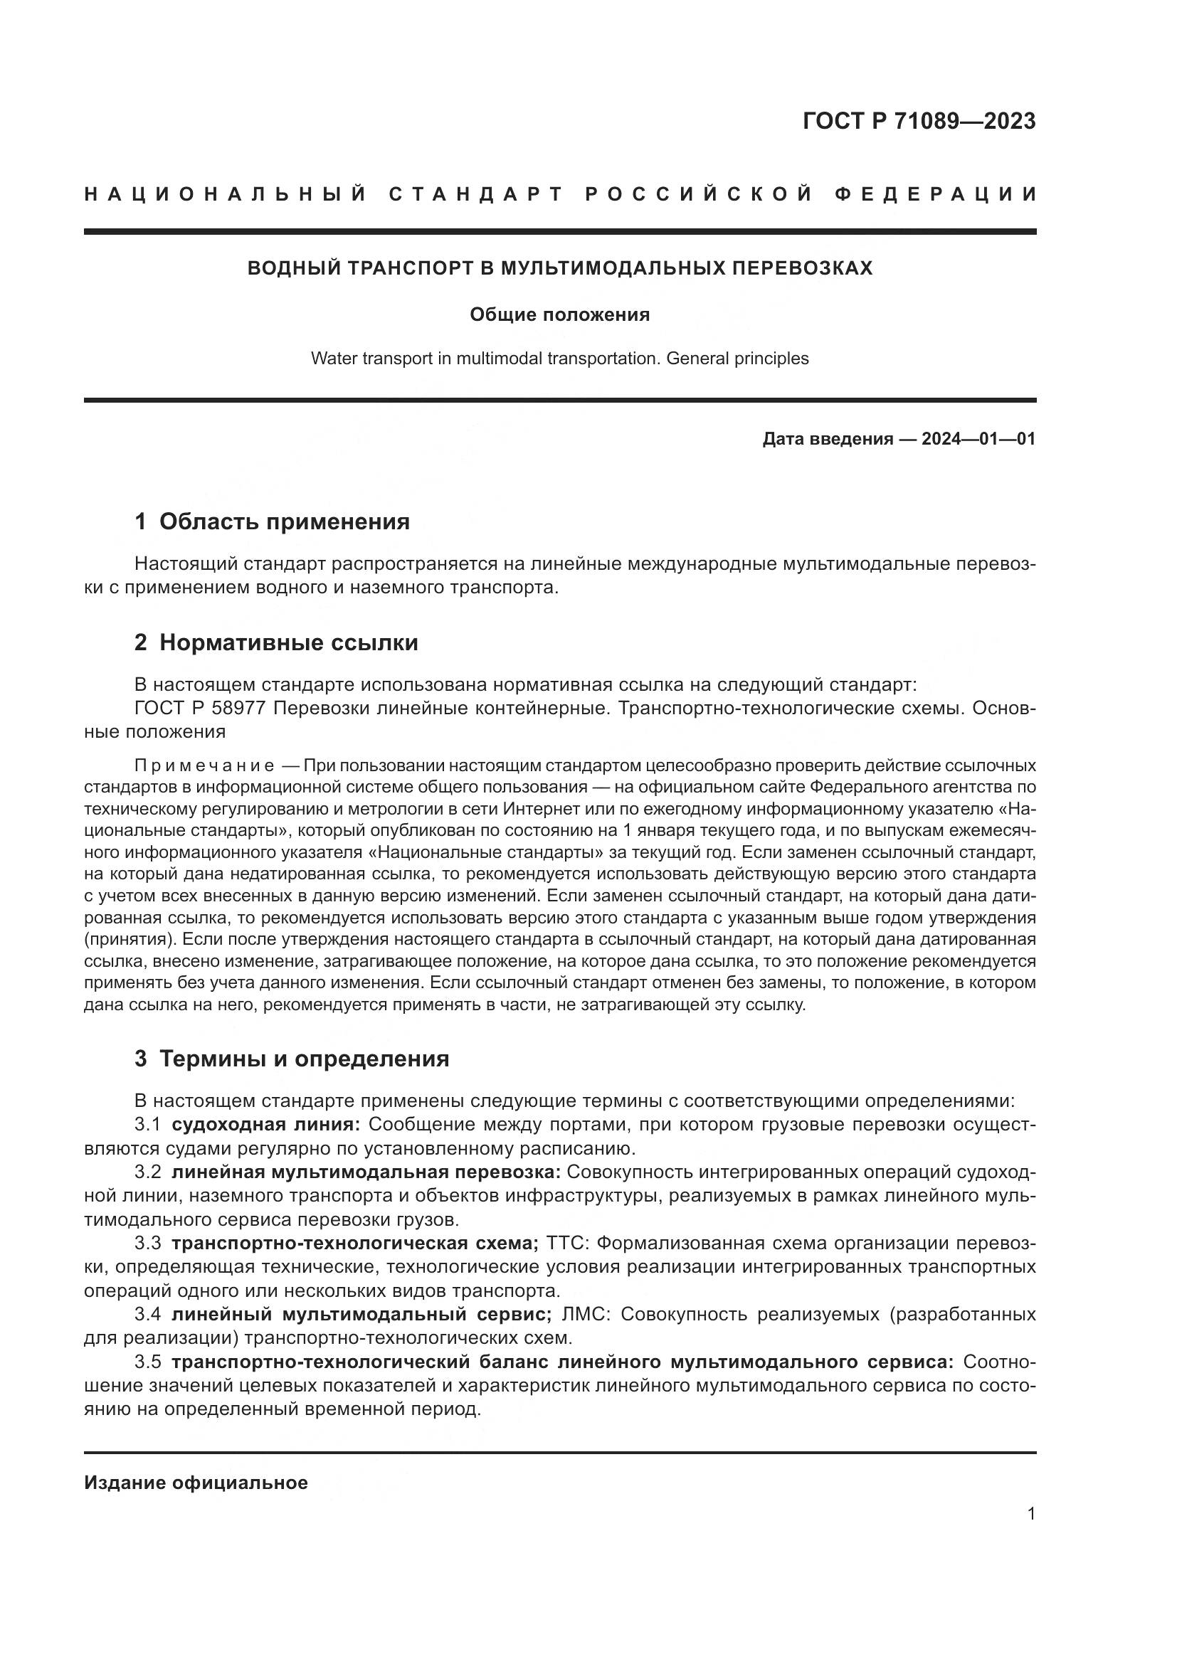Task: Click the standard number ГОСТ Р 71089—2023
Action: [919, 121]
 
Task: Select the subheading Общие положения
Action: [559, 314]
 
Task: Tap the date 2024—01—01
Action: [978, 438]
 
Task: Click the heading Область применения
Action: [284, 521]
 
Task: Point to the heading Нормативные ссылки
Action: [288, 642]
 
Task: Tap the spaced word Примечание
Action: [204, 766]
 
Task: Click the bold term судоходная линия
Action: [265, 1124]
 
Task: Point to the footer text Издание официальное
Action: [196, 1482]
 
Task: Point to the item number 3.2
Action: [147, 1172]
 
